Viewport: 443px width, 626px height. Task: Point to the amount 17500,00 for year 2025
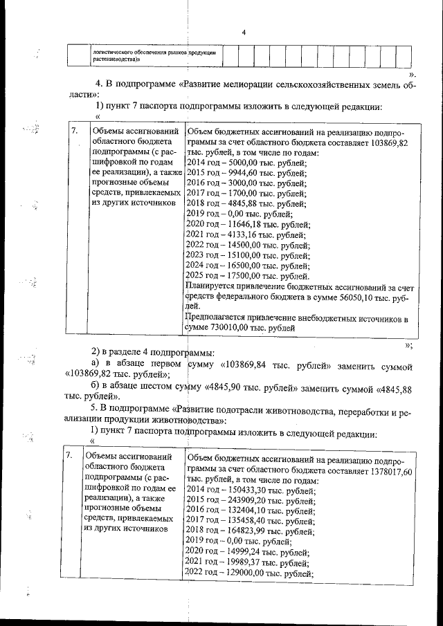pyautogui.click(x=242, y=275)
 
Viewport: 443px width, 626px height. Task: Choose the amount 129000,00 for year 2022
pyautogui.click(x=246, y=573)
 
